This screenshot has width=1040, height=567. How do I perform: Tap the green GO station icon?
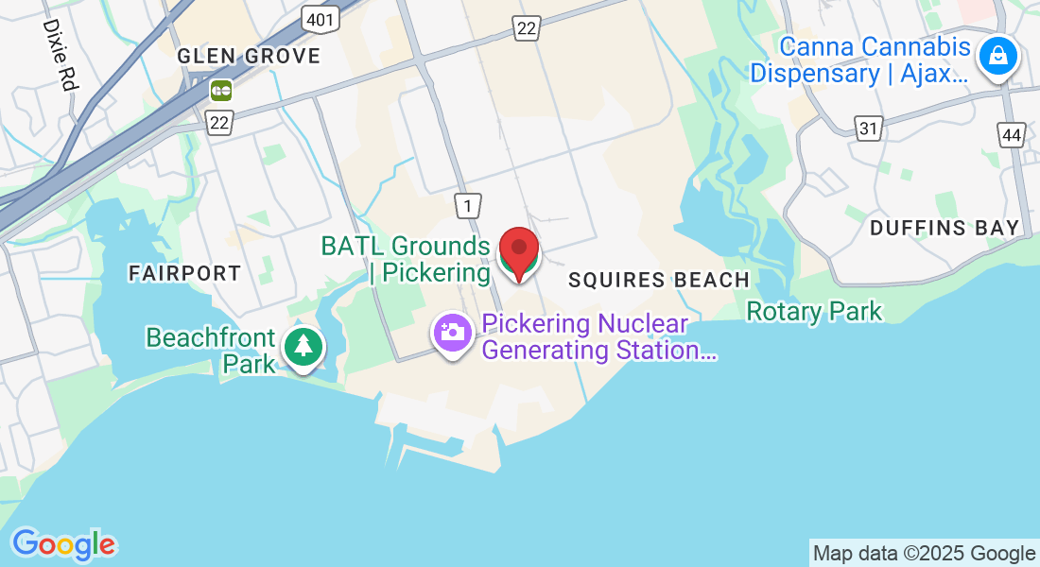(221, 91)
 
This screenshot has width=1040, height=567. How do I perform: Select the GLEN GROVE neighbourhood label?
(250, 56)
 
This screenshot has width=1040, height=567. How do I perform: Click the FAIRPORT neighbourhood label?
(185, 273)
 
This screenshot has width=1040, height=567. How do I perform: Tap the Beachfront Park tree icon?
(303, 346)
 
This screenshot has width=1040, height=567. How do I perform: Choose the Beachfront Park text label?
(210, 351)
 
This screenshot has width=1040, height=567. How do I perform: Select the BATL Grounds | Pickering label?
(405, 259)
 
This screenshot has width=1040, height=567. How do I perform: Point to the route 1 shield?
(467, 205)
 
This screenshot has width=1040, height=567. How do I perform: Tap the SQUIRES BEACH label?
(658, 280)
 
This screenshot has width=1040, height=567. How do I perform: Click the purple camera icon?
(453, 332)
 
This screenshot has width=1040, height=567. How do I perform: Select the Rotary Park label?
(813, 311)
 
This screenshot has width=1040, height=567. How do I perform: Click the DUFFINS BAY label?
(945, 228)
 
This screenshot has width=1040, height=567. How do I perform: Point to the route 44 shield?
(1011, 134)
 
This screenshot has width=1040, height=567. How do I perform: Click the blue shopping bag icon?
(997, 56)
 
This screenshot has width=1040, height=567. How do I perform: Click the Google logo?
(63, 544)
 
